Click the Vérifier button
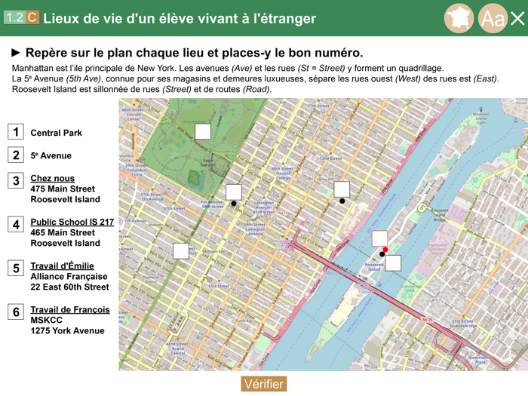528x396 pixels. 263,384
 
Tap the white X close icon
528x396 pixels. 517,18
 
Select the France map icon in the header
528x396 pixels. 458,18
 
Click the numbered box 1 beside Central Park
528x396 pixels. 16,132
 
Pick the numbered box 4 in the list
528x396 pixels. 16,224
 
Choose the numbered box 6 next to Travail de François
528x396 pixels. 16,312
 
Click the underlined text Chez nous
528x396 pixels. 52,179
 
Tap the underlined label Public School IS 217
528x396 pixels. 72,223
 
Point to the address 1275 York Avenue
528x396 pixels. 67,331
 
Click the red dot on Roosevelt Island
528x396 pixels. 385,250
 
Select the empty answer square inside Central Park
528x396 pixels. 202,131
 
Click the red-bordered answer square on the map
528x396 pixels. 379,238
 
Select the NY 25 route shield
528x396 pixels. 428,321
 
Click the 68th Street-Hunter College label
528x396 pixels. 282,173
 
